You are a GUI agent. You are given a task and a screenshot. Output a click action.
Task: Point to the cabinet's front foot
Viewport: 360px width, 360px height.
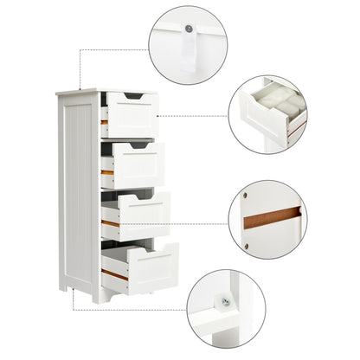click(x=106, y=298)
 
